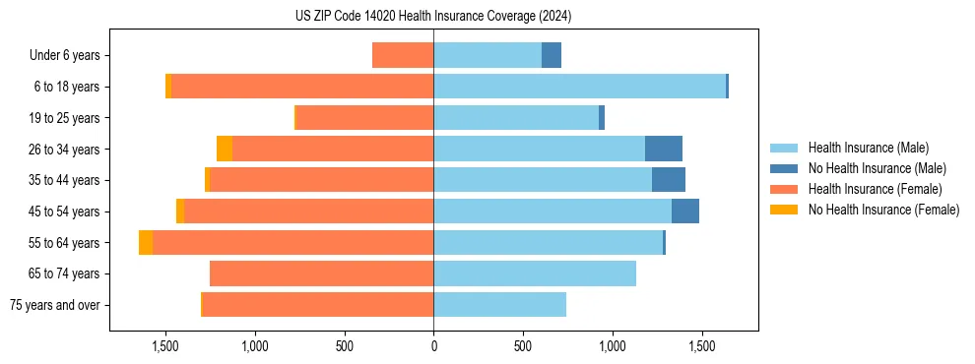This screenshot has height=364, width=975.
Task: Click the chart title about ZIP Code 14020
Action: point(433,17)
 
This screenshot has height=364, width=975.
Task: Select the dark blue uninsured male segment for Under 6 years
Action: point(552,55)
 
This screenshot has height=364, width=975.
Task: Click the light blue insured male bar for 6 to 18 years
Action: point(579,87)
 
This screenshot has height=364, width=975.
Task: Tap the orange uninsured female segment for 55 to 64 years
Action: point(146,242)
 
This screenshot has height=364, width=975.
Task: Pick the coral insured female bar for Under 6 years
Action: point(403,55)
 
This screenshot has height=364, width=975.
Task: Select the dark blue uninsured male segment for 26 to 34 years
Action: point(663,149)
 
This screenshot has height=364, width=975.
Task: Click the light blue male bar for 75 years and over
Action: point(499,305)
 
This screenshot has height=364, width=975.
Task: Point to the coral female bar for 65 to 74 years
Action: point(321,273)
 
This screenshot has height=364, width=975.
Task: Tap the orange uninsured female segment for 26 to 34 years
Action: point(225,149)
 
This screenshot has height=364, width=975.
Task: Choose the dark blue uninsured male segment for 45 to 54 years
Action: point(685,212)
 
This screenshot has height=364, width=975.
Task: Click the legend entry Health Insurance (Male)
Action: point(868,148)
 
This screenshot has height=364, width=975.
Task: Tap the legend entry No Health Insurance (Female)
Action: point(883,210)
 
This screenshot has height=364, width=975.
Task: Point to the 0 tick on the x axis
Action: point(433,346)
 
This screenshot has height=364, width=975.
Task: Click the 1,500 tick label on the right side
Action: point(702,346)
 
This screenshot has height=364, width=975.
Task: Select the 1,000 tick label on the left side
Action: point(254,346)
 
